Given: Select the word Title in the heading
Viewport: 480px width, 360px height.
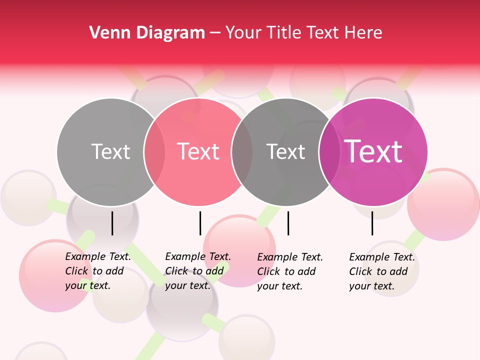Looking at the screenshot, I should pyautogui.click(x=284, y=33).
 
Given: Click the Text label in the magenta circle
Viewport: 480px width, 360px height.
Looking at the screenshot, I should pyautogui.click(x=373, y=151).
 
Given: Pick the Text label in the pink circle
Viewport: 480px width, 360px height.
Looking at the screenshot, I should pyautogui.click(x=198, y=151).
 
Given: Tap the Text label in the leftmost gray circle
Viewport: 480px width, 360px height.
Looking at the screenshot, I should pyautogui.click(x=110, y=151).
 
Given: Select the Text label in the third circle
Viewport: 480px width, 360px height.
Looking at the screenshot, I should pyautogui.click(x=285, y=151).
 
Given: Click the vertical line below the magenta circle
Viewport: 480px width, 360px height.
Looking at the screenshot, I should pyautogui.click(x=372, y=223).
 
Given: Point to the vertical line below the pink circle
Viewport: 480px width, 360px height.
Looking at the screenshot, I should pyautogui.click(x=200, y=223).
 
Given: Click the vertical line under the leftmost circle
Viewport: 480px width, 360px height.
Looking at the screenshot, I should pyautogui.click(x=112, y=223).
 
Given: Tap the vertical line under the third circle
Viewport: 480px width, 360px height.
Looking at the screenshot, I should pyautogui.click(x=288, y=223).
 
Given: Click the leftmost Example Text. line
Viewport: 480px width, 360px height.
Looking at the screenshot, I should pyautogui.click(x=98, y=256).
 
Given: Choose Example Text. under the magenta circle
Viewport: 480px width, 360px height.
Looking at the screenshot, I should pyautogui.click(x=382, y=257).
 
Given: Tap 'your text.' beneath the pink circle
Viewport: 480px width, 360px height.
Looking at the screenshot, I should pyautogui.click(x=188, y=286).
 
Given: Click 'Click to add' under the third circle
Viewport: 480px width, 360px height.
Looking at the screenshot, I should pyautogui.click(x=286, y=271).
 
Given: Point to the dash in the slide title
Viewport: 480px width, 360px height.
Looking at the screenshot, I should pyautogui.click(x=215, y=33).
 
